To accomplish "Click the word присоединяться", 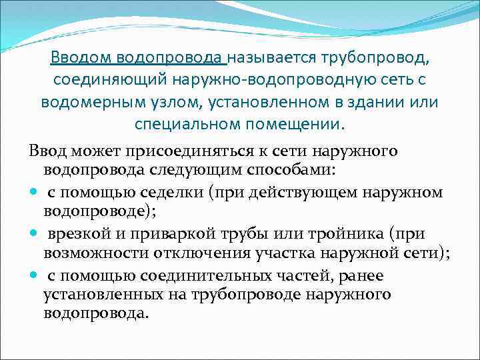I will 181,151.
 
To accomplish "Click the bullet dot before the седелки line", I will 34,193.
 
